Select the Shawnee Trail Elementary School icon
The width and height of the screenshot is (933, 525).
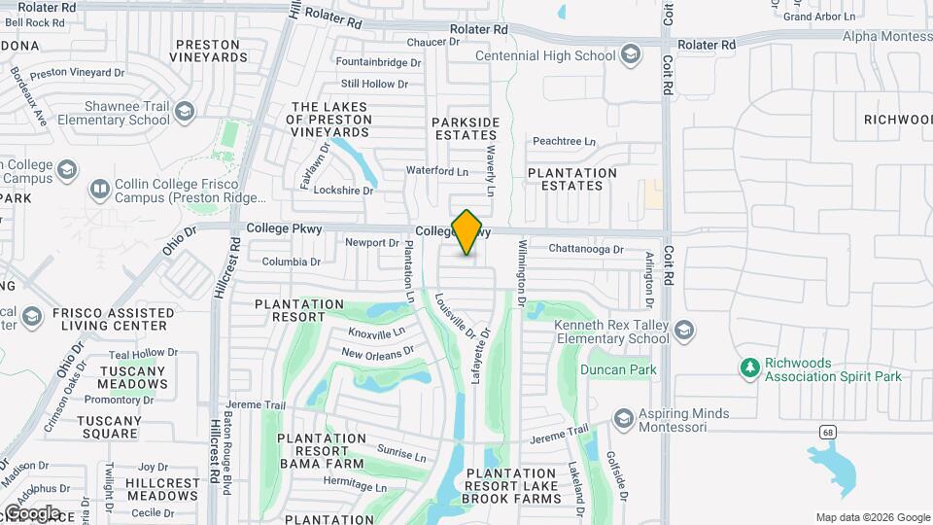tap(184, 114)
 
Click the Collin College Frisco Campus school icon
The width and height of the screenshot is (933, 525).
tap(99, 188)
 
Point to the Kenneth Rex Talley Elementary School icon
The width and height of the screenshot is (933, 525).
tap(684, 332)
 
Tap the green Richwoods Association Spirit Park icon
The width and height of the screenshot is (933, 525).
tap(748, 368)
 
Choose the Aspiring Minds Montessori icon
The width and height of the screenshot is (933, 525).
tap(623, 419)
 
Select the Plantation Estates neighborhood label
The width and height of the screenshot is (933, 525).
tap(572, 179)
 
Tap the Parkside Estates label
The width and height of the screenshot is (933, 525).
tap(466, 128)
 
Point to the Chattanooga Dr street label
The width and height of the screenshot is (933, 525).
tap(585, 249)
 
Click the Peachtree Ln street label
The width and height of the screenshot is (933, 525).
tap(564, 141)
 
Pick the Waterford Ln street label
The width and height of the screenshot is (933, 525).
tap(437, 171)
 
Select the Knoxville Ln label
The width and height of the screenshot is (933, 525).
tap(376, 333)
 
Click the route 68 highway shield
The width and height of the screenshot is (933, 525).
tap(827, 430)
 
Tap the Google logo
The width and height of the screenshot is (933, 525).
tap(31, 512)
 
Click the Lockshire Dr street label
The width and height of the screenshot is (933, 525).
tap(344, 191)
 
